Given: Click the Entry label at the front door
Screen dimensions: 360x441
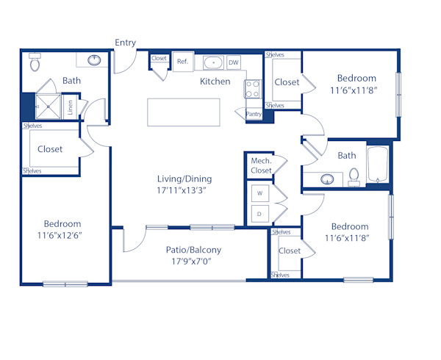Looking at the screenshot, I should click(x=126, y=43).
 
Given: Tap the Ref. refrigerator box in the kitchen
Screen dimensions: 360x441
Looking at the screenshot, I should click(x=182, y=62).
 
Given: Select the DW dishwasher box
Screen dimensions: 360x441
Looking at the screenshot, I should click(x=234, y=63).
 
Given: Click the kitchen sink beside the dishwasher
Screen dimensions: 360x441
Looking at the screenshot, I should click(x=213, y=63).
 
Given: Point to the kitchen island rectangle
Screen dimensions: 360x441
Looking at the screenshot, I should click(x=184, y=112).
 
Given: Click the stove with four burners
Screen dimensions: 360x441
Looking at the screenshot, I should click(x=252, y=89).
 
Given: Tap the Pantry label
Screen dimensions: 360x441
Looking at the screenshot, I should click(x=254, y=114).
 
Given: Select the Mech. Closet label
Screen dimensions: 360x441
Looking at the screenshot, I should click(x=262, y=165).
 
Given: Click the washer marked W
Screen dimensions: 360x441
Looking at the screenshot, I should click(x=259, y=194).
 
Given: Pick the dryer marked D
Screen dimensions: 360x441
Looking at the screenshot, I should click(x=259, y=215).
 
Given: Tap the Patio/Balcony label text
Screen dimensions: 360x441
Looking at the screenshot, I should click(x=193, y=250).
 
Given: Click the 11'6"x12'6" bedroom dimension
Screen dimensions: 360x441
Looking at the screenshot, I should click(x=62, y=235).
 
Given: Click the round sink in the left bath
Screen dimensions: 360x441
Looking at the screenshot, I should click(x=95, y=60).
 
